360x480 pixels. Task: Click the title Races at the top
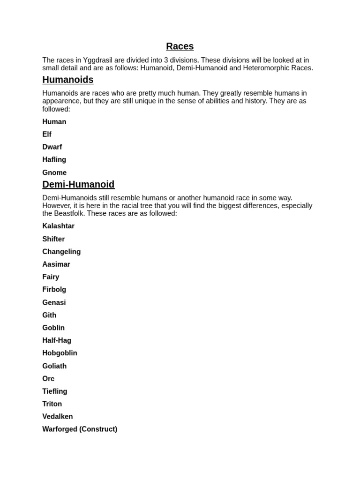180,46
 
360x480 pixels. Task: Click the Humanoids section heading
68,80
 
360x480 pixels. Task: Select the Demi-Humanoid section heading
78,184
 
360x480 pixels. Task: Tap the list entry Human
54,122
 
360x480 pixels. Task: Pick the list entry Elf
47,135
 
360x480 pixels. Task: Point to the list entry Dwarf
52,147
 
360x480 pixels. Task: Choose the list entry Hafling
54,160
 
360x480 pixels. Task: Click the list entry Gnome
54,172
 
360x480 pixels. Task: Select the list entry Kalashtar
58,226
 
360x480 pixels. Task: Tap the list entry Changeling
61,252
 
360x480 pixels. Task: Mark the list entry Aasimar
56,264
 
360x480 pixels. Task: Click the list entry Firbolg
54,290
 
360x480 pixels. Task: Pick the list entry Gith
49,315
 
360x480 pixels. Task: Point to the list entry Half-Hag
57,340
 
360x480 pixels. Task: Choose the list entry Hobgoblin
60,353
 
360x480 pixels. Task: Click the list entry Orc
48,379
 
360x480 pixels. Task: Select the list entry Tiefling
55,391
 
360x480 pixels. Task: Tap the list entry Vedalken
58,417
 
